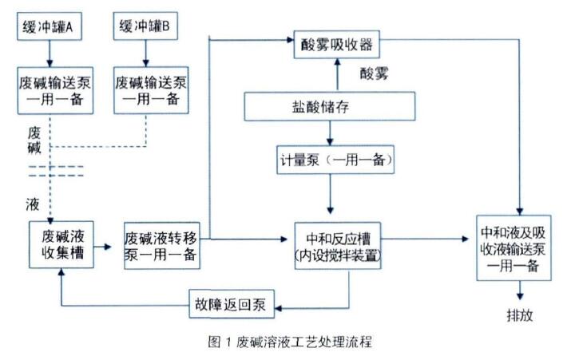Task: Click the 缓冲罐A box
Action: pos(50,27)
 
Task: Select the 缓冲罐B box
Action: pos(145,27)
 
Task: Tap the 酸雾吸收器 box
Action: pos(336,41)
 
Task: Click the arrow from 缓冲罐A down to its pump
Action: pos(50,53)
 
